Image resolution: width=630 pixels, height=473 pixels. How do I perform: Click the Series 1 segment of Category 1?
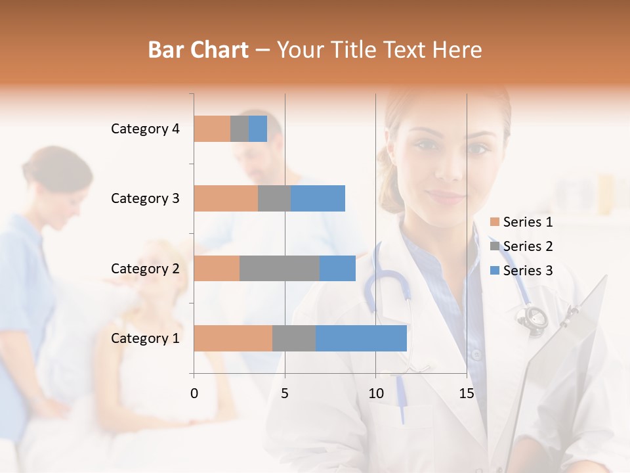point(232,338)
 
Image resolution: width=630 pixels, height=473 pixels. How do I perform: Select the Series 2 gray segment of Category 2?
point(279,268)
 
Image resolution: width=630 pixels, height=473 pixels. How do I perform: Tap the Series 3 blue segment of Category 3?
point(318,198)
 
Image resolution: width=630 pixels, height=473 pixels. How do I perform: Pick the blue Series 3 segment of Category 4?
point(258,129)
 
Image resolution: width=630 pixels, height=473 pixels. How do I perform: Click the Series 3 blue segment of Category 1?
point(361,338)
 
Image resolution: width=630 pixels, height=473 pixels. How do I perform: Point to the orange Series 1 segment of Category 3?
point(225,198)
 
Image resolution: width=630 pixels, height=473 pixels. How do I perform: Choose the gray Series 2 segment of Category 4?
point(240,129)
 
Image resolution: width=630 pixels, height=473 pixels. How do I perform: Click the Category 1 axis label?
point(144,338)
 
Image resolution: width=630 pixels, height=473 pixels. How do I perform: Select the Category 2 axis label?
point(144,268)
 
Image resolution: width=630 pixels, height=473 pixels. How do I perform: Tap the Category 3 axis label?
point(144,198)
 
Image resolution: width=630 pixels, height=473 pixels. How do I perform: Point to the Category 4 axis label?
point(144,129)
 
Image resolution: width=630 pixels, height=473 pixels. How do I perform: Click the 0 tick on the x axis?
point(194,394)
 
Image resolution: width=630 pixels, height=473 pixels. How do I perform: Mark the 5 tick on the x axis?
point(285,394)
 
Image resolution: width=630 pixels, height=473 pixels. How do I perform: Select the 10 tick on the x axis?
point(375,394)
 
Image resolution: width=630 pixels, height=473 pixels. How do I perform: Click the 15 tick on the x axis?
point(467,394)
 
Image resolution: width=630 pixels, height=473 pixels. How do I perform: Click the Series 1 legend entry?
point(522,222)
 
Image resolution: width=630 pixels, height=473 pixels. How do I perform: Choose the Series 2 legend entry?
point(522,246)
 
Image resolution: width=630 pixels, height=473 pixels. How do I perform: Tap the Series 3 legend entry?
point(522,271)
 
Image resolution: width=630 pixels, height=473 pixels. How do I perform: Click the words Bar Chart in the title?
point(198,50)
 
